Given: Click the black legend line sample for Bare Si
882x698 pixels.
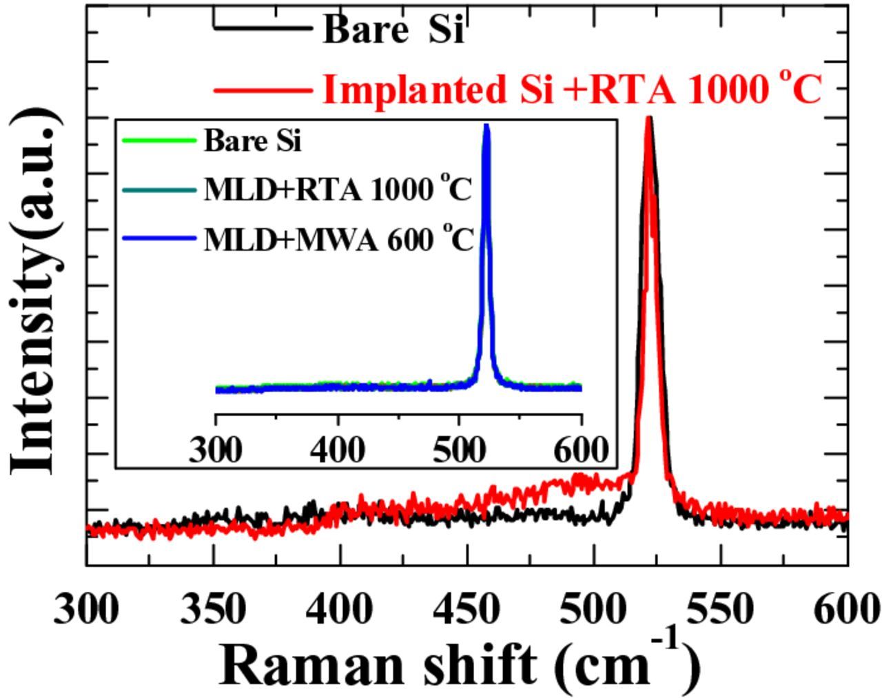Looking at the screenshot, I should [x=263, y=28].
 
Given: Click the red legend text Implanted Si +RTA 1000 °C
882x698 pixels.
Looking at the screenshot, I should [x=572, y=90].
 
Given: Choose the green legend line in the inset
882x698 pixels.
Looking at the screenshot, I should [x=158, y=141].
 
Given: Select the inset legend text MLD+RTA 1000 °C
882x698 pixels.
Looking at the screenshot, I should [x=338, y=189].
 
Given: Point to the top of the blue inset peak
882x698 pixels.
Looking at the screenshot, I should [x=486, y=126].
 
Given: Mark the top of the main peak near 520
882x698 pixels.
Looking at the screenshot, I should [x=648, y=119].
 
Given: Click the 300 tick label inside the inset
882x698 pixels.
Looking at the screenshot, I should [x=216, y=451].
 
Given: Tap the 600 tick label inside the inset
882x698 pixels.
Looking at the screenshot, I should [x=581, y=451].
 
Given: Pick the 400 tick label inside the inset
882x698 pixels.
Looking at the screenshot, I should [x=338, y=451].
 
